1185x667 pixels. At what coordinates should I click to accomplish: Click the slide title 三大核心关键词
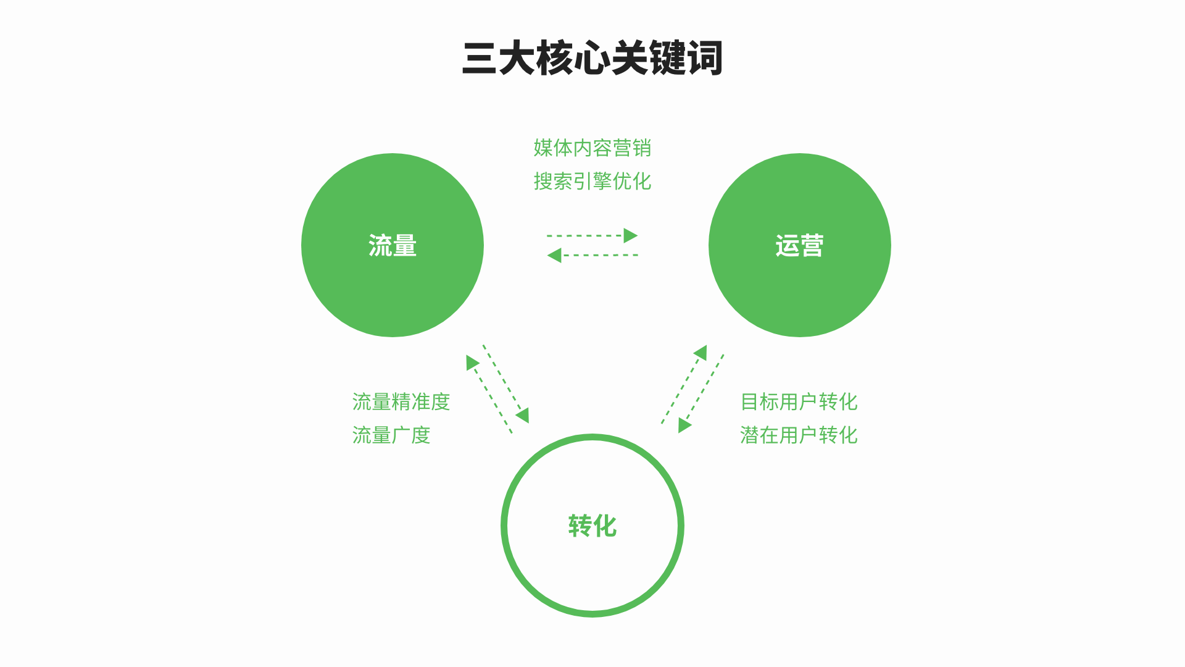coord(592,59)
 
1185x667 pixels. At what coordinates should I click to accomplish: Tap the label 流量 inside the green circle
coord(393,246)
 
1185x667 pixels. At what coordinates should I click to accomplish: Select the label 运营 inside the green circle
coord(799,246)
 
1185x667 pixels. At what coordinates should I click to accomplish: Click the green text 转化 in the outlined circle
coord(592,526)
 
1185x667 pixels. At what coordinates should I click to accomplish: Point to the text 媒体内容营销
coord(592,148)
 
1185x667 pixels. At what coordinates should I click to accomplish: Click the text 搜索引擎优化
coord(592,182)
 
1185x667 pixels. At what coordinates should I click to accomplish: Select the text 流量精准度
coord(401,402)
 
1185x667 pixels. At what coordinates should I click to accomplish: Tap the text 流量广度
coord(391,435)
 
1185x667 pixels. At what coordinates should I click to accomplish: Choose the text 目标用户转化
coord(799,402)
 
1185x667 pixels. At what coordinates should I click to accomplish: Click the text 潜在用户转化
coord(799,435)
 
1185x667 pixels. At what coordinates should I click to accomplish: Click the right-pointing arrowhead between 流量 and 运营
coord(630,235)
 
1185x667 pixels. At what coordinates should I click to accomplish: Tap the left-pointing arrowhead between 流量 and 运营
coord(554,255)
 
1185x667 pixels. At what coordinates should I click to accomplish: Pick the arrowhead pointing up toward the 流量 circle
coord(472,363)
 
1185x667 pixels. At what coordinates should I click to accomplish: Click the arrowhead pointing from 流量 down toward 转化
coord(523,415)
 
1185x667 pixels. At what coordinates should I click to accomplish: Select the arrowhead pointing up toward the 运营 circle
coord(701,353)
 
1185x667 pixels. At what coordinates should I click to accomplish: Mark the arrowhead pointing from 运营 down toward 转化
coord(684,425)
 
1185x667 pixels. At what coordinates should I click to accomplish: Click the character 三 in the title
coord(480,59)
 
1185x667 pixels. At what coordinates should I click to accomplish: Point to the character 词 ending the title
coord(704,59)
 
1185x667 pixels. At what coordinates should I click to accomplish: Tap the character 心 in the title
coord(592,59)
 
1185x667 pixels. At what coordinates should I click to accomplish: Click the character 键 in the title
coord(667,59)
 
